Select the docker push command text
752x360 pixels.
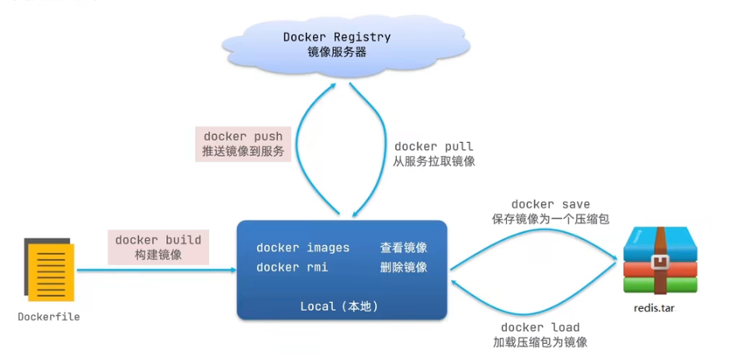(243, 136)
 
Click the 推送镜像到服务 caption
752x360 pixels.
(243, 151)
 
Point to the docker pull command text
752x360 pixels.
(433, 147)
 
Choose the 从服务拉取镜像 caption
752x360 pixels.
(433, 161)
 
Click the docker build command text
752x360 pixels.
(158, 240)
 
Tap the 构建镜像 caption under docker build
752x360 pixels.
(158, 255)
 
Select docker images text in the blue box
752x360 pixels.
(303, 247)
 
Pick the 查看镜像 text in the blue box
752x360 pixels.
(403, 247)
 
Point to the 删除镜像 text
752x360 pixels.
(403, 267)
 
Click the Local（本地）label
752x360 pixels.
(339, 307)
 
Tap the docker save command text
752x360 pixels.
(550, 204)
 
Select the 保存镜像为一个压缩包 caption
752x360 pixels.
(551, 219)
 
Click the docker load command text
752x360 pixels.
(540, 327)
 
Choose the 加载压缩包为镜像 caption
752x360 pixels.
(540, 342)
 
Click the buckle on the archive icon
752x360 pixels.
(659, 262)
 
